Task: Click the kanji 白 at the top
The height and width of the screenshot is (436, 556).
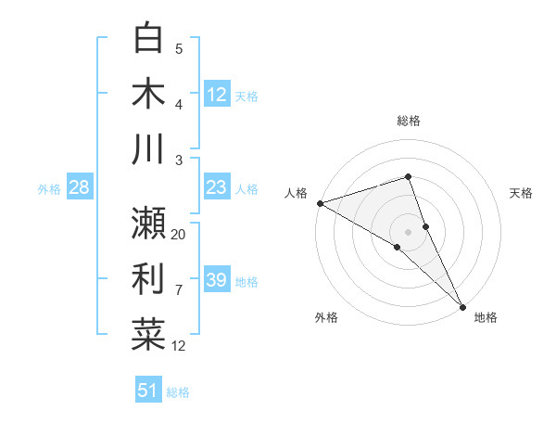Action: tap(148, 39)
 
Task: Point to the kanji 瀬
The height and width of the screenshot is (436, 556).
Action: tap(148, 224)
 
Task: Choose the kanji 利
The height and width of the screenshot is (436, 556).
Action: tap(148, 279)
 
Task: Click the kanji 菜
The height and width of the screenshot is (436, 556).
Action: tap(148, 334)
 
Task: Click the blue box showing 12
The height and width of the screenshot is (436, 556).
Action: tap(216, 94)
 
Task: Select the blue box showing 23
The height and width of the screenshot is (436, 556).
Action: tap(216, 187)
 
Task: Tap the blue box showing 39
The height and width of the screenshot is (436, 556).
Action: tap(216, 280)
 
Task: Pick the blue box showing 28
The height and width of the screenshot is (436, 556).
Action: tap(79, 187)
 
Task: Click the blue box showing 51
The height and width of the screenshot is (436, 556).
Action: tap(147, 391)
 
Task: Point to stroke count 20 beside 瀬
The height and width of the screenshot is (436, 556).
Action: tap(179, 235)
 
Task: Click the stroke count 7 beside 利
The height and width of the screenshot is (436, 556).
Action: tap(179, 290)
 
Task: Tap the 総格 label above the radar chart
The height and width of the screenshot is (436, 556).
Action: tap(409, 121)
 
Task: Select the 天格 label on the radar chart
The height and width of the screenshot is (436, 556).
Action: tap(521, 193)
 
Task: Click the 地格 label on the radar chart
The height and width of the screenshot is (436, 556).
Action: tap(486, 317)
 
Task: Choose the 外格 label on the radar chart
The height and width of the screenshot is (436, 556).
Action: tap(326, 317)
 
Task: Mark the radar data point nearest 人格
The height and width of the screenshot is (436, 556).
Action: tap(319, 202)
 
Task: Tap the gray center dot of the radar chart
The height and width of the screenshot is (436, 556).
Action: tap(409, 231)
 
